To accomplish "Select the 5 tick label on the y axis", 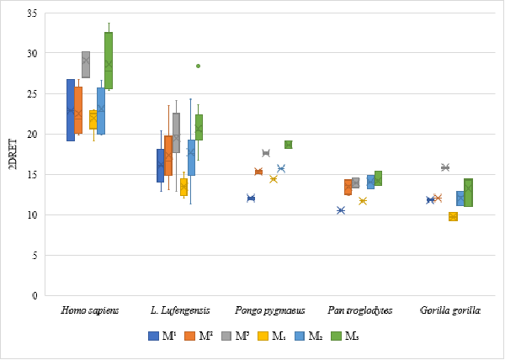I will tap(35, 256).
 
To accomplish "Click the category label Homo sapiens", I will tap(90, 310).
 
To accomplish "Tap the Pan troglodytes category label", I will tap(359, 310).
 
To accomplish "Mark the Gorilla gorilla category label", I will tap(449, 310).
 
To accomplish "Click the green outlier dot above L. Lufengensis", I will tap(198, 66).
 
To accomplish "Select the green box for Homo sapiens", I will tap(109, 61).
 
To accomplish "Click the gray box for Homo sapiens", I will tap(86, 64).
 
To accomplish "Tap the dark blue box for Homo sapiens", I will tap(71, 109).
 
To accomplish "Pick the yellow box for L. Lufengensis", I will tap(183, 187).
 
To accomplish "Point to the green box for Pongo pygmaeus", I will tap(288, 145).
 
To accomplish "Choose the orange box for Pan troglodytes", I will tap(348, 187).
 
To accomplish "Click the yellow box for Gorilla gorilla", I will tap(453, 216).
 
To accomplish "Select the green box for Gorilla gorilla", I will tap(468, 192).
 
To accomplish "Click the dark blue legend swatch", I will tap(153, 336).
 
